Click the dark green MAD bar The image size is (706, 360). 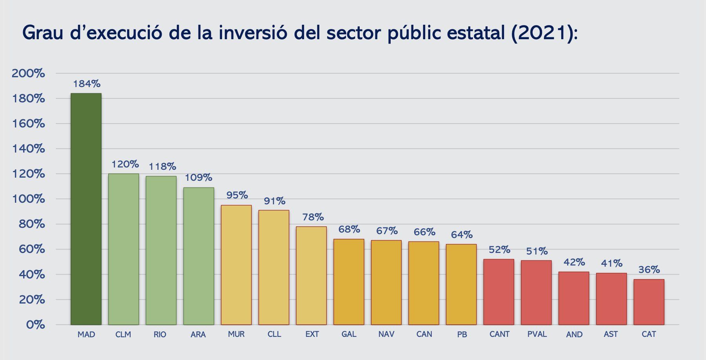coord(86,209)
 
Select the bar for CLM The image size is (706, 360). coord(124,249)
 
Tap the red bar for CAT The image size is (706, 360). coord(649,302)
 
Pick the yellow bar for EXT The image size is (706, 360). coord(311,276)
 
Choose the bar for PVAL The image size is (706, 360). coord(536,293)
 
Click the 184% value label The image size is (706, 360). coord(87,84)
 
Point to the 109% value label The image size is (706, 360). coord(198,178)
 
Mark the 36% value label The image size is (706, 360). coord(649,270)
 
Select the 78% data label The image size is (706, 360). coord(313,217)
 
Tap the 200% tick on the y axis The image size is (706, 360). coord(28,73)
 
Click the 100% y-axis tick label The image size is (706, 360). coord(28,199)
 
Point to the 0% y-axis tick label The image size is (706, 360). coord(35,325)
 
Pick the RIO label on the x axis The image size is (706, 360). coord(160,335)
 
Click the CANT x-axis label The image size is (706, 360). coord(499,335)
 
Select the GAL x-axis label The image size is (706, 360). coord(349,335)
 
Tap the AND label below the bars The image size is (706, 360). coord(574,335)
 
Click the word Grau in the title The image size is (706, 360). coord(43,33)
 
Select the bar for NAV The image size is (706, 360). coord(386,282)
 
